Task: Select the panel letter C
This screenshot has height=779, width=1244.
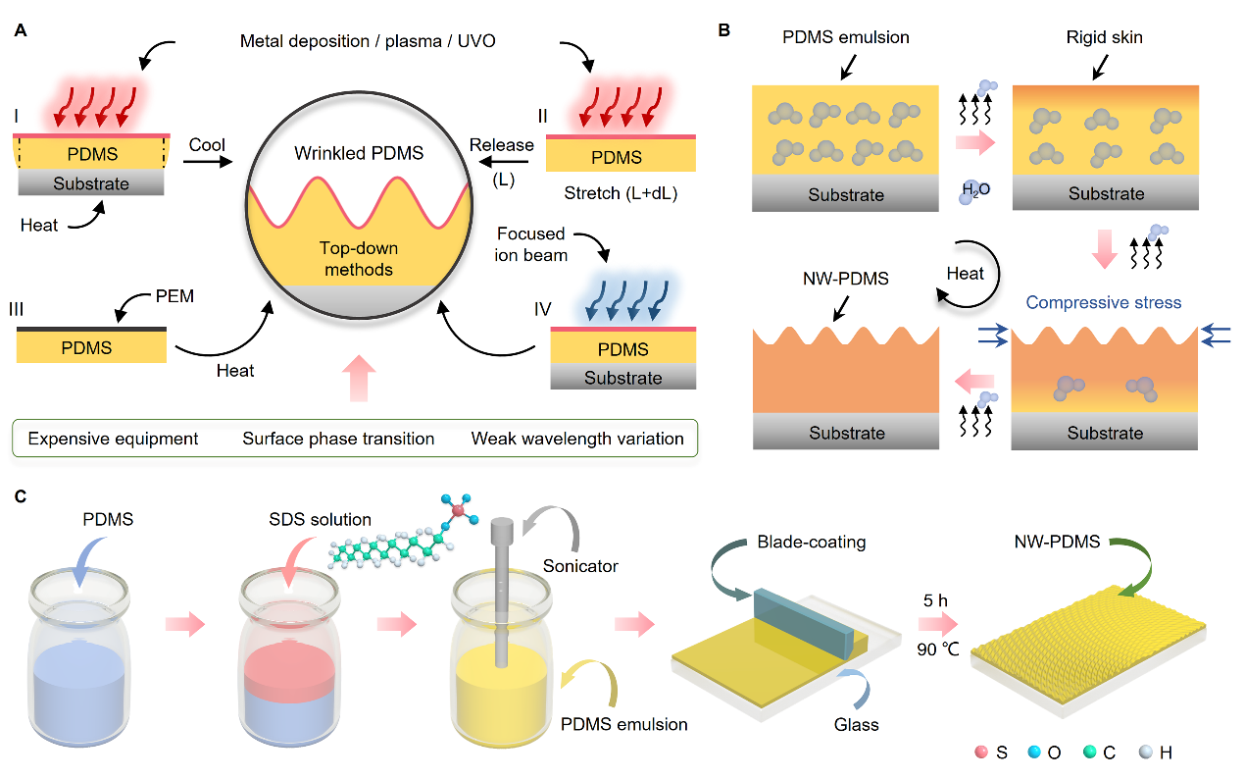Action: tap(21, 495)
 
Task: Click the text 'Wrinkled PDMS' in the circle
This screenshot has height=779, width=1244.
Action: tap(350, 155)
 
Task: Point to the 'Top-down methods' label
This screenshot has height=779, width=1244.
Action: tap(350, 257)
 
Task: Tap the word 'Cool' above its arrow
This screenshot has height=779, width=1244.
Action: tap(207, 145)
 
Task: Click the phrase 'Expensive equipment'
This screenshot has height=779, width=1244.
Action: tap(113, 439)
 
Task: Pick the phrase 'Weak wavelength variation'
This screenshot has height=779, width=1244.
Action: tap(577, 439)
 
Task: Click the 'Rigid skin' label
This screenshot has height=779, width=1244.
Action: tap(1106, 38)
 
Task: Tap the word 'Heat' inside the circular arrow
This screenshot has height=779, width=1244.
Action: tap(965, 274)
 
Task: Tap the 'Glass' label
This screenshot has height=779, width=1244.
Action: tap(855, 724)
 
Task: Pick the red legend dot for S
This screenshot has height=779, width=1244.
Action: tap(980, 753)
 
